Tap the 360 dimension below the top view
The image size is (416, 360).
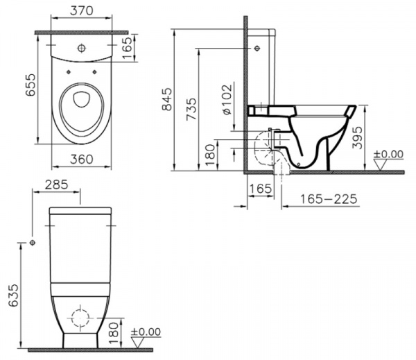coord(80,159)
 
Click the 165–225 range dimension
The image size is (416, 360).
coord(329,200)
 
